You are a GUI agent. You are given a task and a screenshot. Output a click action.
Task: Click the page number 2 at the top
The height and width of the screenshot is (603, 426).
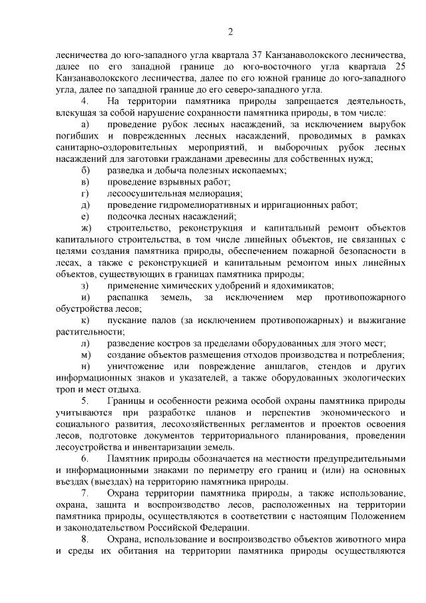point(230,31)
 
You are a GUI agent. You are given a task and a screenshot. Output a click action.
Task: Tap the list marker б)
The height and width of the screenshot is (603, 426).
point(84,170)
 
